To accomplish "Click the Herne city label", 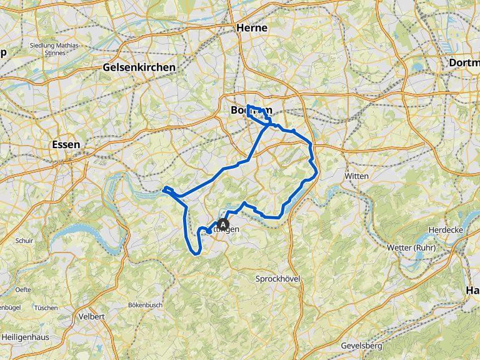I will pyautogui.click(x=252, y=27).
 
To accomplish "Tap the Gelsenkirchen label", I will pyautogui.click(x=139, y=67).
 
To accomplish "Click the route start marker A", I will pyautogui.click(x=223, y=224).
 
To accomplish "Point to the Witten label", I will pyautogui.click(x=357, y=176).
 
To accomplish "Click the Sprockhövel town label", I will pyautogui.click(x=279, y=278).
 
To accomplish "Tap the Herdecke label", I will pyautogui.click(x=445, y=230).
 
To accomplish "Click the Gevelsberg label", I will pyautogui.click(x=361, y=346).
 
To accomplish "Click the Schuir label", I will pyautogui.click(x=24, y=240).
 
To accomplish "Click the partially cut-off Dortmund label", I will pyautogui.click(x=464, y=62).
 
